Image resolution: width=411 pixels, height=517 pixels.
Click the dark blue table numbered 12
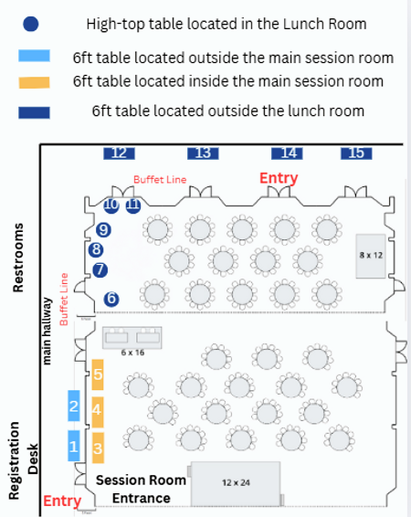118,153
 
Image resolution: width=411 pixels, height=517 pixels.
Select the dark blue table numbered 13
203,153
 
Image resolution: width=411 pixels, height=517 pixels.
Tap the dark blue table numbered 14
290,153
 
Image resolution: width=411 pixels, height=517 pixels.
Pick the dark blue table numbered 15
356,153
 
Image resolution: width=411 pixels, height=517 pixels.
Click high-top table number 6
111,299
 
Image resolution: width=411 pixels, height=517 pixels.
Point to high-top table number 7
100,269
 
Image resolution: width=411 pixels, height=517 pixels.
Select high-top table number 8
96,248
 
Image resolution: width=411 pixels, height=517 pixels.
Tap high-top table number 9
103,229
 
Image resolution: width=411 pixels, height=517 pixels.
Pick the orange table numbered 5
98,374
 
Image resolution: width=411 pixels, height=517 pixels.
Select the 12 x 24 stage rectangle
236,481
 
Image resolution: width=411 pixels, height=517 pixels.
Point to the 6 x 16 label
133,352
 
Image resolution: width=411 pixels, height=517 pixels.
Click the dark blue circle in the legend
32,25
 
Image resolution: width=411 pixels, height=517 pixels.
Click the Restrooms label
18,257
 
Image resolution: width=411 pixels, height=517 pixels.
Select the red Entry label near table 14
279,177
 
